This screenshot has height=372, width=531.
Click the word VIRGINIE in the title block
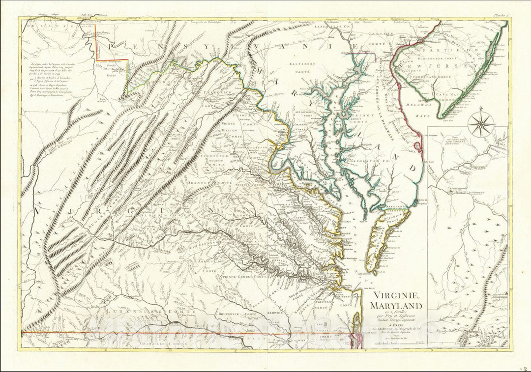pyautogui.click(x=396, y=295)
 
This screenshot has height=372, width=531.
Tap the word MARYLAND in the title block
pyautogui.click(x=397, y=306)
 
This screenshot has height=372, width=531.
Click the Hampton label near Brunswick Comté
pyautogui.click(x=275, y=313)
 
